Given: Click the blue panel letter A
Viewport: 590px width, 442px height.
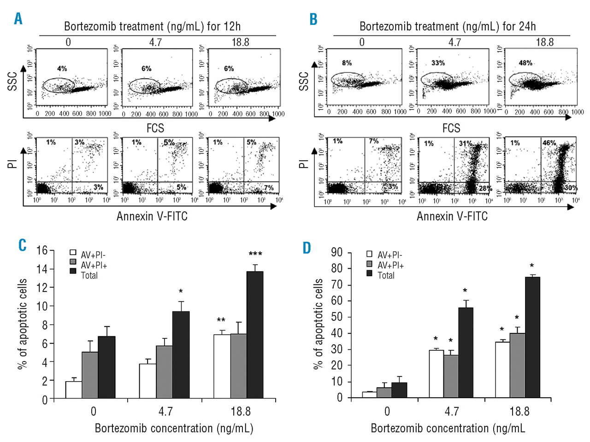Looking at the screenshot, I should tap(18, 18).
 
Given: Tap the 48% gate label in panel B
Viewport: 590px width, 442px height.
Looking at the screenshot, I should tap(525, 63).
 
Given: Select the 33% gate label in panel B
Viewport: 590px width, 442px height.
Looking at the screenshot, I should tap(438, 63).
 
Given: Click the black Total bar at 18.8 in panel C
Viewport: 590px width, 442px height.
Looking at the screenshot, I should tap(255, 335).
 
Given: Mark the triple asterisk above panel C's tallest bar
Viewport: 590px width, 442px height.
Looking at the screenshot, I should tap(255, 254).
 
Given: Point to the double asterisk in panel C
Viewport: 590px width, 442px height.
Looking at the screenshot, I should tap(221, 320).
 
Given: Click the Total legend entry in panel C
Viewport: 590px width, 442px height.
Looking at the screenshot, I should tap(89, 275).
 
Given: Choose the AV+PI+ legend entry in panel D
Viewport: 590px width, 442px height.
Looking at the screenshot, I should tap(390, 265).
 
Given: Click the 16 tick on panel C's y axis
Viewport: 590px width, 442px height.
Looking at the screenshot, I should tap(42, 250).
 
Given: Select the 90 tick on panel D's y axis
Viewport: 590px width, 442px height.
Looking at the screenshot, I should tap(337, 252).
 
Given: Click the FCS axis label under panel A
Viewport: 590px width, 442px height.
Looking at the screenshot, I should tap(155, 128).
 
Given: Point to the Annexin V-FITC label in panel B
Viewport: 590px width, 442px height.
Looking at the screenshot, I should tap(452, 216).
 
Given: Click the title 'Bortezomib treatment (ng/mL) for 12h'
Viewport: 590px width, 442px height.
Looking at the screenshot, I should tap(152, 26).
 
